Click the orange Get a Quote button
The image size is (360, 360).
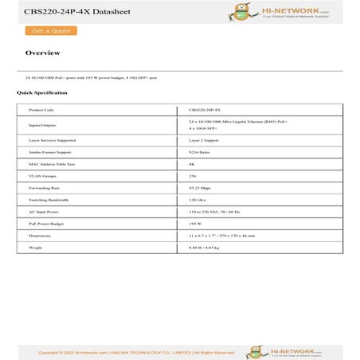pyautogui.click(x=51, y=31)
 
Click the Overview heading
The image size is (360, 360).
pyautogui.click(x=42, y=53)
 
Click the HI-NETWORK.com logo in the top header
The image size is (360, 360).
pyautogui.click(x=284, y=11)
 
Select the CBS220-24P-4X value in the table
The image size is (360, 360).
pyautogui.click(x=205, y=110)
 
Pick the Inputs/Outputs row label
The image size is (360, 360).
pyautogui.click(x=43, y=125)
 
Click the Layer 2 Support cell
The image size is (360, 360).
pyautogui.click(x=205, y=139)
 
